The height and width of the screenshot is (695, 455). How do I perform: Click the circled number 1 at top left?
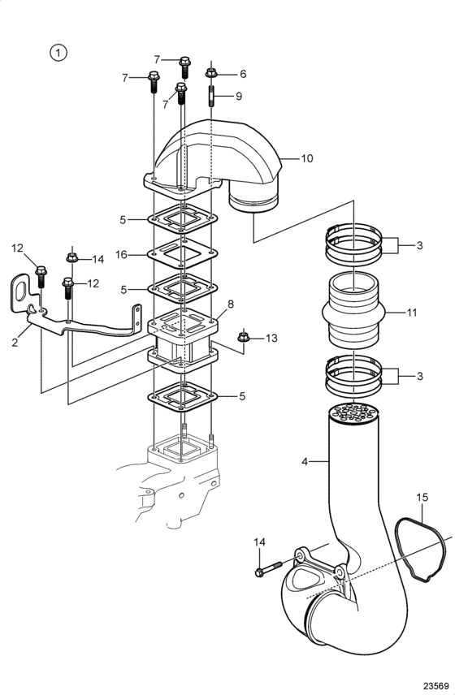pyautogui.click(x=58, y=53)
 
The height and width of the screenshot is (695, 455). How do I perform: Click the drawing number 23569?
pyautogui.click(x=437, y=685)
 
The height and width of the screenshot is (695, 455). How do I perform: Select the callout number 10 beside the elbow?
pyautogui.click(x=307, y=158)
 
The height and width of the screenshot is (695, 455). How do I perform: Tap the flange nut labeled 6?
pyautogui.click(x=210, y=73)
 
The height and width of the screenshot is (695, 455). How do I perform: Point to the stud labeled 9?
pyautogui.click(x=211, y=97)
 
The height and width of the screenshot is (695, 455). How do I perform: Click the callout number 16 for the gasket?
pyautogui.click(x=121, y=254)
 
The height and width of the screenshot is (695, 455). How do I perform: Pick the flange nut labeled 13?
pyautogui.click(x=243, y=337)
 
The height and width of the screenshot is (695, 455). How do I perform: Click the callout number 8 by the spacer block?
pyautogui.click(x=231, y=304)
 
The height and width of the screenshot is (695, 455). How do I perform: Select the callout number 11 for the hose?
pyautogui.click(x=412, y=313)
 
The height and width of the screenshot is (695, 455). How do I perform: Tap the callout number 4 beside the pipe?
pyautogui.click(x=305, y=461)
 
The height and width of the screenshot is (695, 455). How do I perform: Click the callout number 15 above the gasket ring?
pyautogui.click(x=422, y=498)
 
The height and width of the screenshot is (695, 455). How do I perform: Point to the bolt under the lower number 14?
pyautogui.click(x=269, y=568)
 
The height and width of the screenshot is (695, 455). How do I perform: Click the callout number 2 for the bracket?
pyautogui.click(x=15, y=342)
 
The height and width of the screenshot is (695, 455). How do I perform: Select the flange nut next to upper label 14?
pyautogui.click(x=71, y=258)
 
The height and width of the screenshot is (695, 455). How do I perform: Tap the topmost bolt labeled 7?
pyautogui.click(x=185, y=67)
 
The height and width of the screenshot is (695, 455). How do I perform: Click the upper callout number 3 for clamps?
pyautogui.click(x=419, y=245)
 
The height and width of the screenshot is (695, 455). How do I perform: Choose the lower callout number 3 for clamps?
pyautogui.click(x=419, y=376)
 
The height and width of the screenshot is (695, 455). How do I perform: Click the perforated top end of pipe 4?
pyautogui.click(x=354, y=413)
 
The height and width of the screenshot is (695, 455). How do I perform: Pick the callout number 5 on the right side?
pyautogui.click(x=242, y=396)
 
